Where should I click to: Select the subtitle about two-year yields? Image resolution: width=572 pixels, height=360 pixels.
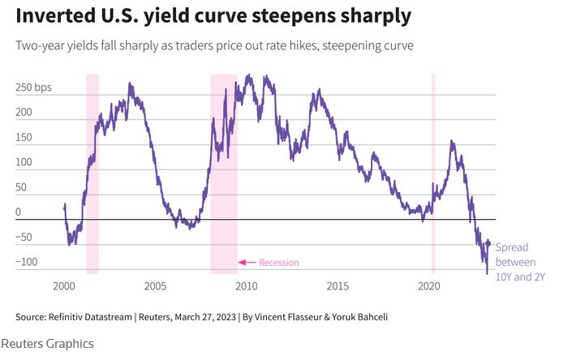pos(215,45)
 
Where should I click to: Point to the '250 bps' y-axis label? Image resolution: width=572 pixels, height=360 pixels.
pos(33,87)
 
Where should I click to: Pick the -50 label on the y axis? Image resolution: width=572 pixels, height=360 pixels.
pos(25,237)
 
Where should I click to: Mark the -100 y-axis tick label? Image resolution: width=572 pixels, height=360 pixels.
pos(28,262)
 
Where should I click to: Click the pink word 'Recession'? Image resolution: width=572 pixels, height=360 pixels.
pos(279,263)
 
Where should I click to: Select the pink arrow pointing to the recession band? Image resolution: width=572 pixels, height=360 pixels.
pos(247,263)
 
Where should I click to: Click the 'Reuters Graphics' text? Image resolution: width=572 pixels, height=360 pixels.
pos(47,344)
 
